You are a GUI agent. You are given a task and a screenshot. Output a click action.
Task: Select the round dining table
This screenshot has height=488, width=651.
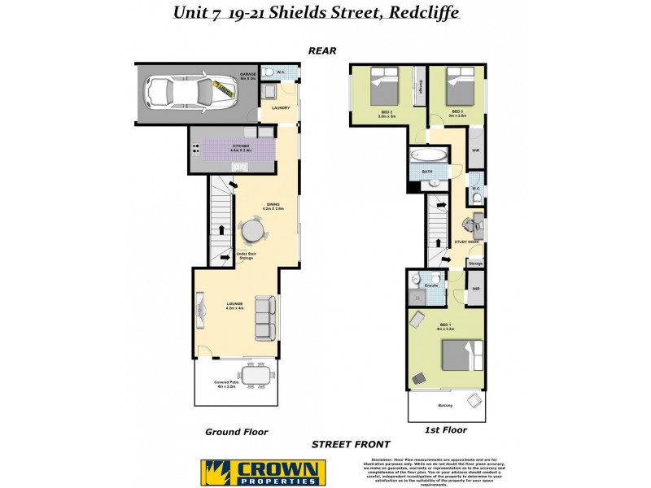click(253, 233)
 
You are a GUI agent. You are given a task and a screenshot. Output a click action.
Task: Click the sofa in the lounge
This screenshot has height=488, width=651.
click(266, 318)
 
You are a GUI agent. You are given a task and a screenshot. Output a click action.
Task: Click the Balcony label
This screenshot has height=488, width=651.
click(444, 405)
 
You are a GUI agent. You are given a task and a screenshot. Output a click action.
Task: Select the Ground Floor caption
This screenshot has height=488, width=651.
click(237, 432)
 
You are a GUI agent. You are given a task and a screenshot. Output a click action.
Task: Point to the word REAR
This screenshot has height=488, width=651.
click(323, 50)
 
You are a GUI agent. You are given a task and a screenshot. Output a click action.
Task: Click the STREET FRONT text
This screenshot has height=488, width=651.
click(351, 445)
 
